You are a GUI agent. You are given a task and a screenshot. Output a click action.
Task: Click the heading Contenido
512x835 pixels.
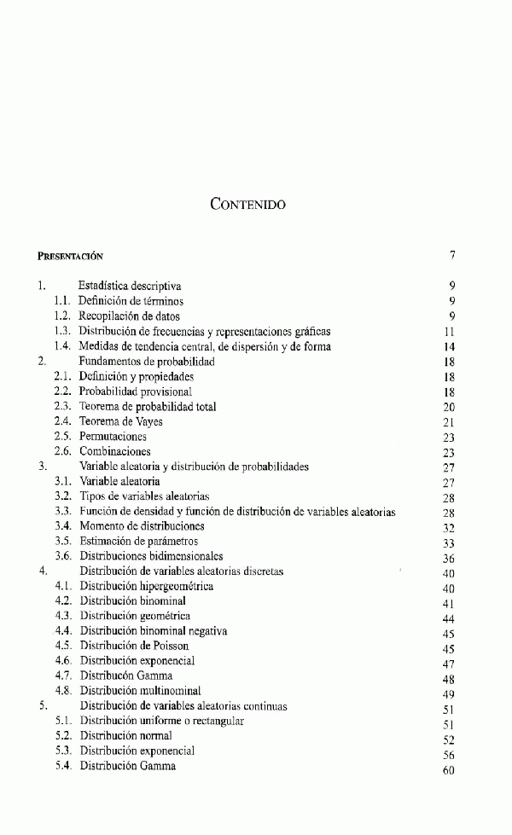(x=247, y=205)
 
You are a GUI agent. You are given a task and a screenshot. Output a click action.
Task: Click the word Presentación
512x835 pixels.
(x=71, y=255)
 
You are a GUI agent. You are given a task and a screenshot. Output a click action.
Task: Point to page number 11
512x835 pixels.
(x=450, y=332)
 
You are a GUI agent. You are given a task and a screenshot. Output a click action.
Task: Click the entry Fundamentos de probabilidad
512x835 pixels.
(x=147, y=362)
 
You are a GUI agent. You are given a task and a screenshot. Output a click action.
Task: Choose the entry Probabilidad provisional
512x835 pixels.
(x=136, y=391)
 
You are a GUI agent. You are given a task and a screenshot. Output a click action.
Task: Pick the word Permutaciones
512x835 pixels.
(x=113, y=437)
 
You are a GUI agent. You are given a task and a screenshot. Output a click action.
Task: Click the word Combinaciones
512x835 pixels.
(x=115, y=451)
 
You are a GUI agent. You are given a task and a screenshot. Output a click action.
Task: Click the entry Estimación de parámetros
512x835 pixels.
(x=139, y=541)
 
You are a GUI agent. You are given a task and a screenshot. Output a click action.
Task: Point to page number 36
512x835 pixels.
(x=450, y=558)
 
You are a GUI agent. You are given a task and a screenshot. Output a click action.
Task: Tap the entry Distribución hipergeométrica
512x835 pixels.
(x=147, y=587)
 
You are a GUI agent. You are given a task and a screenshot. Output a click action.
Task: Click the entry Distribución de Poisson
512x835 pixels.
(x=135, y=647)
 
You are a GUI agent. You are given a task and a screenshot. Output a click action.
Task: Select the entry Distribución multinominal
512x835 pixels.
(x=141, y=691)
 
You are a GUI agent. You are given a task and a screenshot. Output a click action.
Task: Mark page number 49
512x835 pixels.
(x=450, y=693)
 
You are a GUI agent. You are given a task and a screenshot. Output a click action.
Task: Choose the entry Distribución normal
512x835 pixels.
(x=126, y=735)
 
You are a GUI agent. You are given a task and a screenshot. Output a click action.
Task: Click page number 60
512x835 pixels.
(x=450, y=770)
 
